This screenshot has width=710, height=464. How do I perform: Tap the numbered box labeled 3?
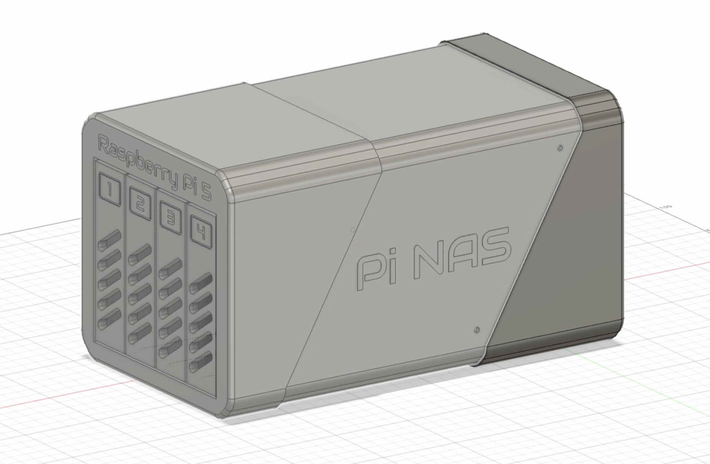171,218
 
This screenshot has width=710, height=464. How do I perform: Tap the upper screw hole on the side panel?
560,148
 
